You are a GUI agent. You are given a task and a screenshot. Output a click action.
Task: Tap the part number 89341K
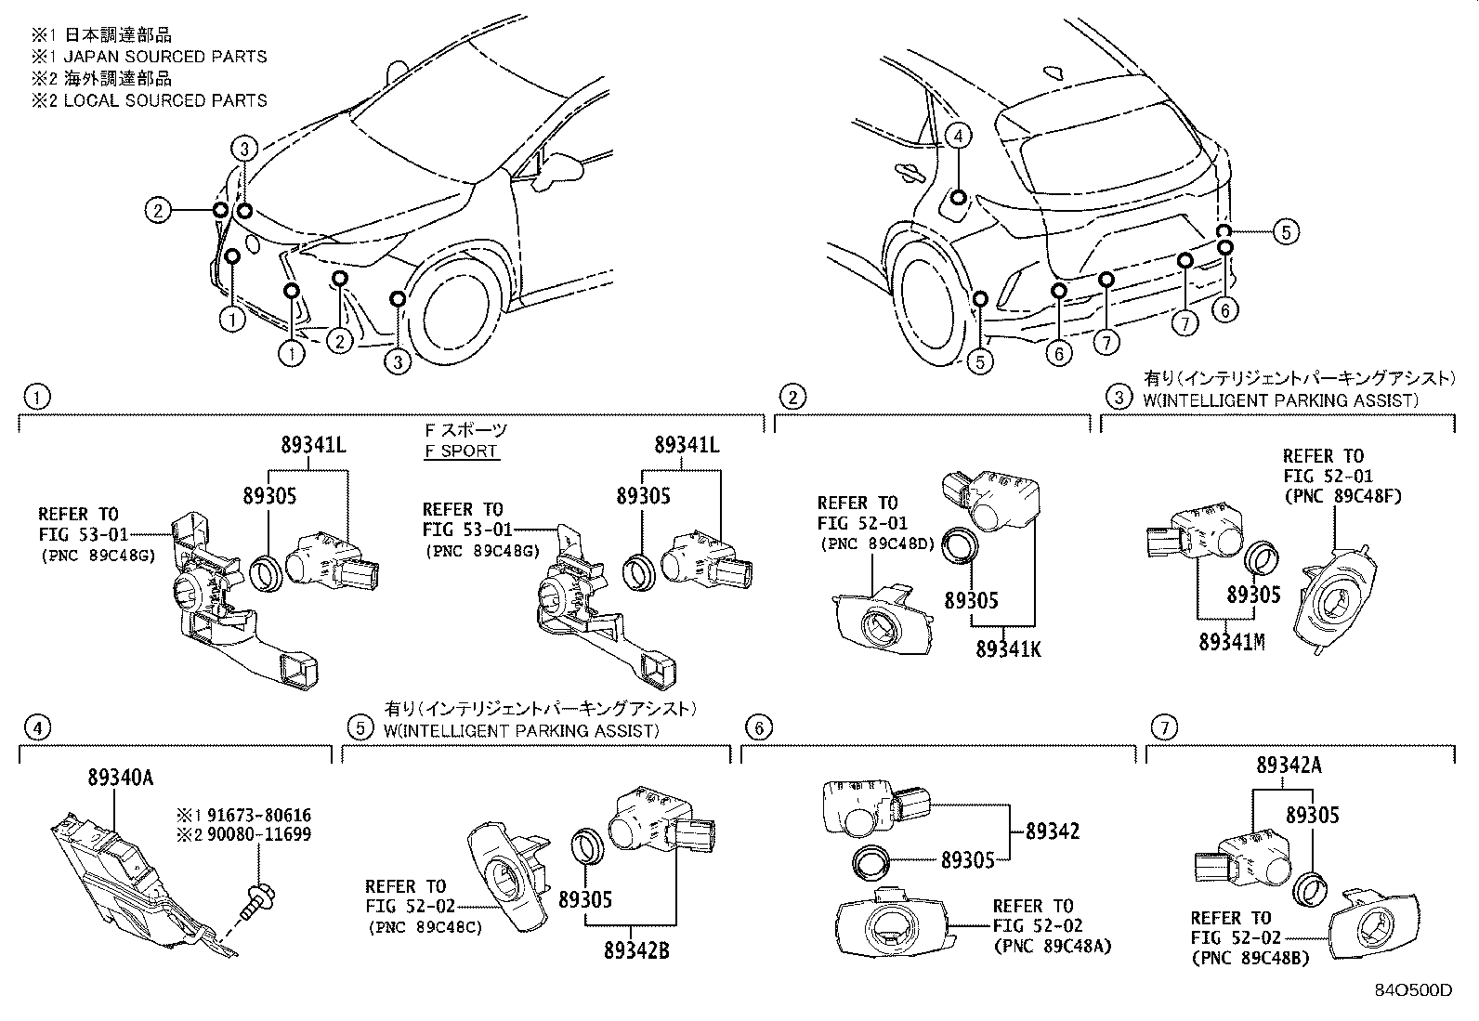click(1008, 648)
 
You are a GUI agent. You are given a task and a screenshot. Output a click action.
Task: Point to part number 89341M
click(1232, 641)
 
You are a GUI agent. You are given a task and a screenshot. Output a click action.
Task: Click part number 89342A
click(1289, 765)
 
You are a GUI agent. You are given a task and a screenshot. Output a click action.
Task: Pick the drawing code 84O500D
click(1413, 989)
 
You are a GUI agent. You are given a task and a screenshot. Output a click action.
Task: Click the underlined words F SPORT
click(460, 452)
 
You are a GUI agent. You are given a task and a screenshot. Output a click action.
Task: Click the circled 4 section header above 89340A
click(36, 728)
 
